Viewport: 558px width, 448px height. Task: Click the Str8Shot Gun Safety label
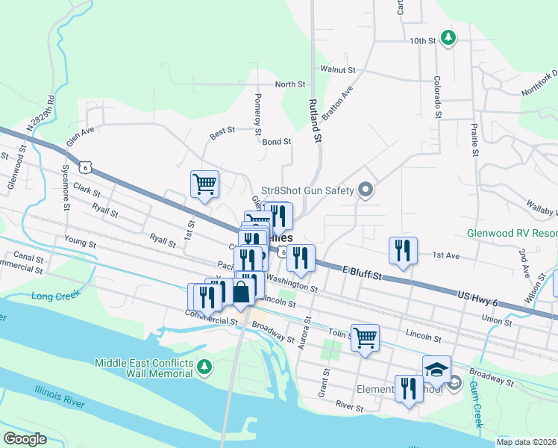[x=307, y=191]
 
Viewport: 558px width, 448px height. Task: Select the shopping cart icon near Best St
[x=204, y=183]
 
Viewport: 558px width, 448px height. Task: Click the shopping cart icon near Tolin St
[x=365, y=337]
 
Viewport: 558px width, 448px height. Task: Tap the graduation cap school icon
[x=436, y=368]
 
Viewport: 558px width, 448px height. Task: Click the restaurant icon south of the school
[x=408, y=388]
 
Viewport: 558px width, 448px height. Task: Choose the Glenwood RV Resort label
[x=512, y=233]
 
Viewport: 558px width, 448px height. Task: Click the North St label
[x=290, y=85]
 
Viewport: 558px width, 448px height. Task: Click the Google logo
[x=25, y=439]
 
